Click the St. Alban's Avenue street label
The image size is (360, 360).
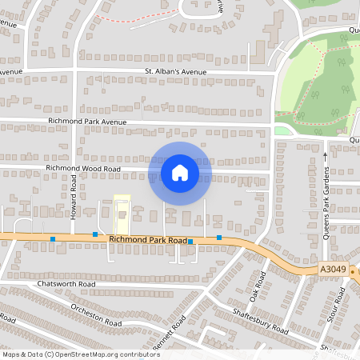175,72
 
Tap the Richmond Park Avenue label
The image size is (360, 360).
88,122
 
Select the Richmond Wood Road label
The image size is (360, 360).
83,169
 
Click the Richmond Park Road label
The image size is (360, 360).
148,239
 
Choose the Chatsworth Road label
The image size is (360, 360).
66,284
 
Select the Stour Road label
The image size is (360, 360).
338,308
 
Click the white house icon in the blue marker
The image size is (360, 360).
179,172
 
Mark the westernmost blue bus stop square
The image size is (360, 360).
53,238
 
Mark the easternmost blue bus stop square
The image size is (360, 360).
219,238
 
